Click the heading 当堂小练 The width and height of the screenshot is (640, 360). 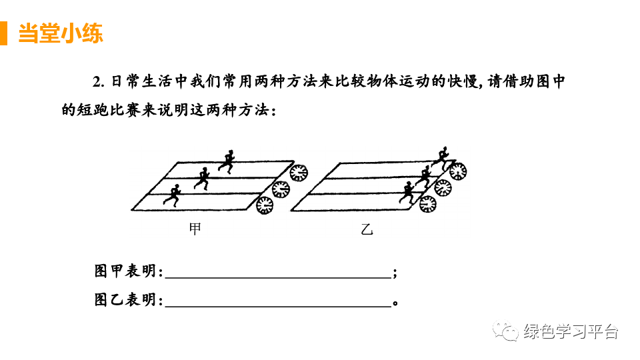pyautogui.click(x=61, y=33)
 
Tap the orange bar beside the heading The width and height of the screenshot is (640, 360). pyautogui.click(x=3, y=33)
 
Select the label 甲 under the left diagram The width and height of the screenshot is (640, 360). pyautogui.click(x=195, y=229)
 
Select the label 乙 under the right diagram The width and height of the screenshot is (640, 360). pyautogui.click(x=367, y=230)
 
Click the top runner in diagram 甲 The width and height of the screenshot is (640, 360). pyautogui.click(x=227, y=161)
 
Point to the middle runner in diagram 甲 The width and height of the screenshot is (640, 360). pyautogui.click(x=202, y=177)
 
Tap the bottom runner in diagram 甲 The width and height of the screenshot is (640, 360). pyautogui.click(x=173, y=195)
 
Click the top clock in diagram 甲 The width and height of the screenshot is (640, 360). pyautogui.click(x=299, y=171)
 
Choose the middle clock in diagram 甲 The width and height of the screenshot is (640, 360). pyautogui.click(x=281, y=188)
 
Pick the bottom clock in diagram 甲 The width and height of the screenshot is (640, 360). pyautogui.click(x=265, y=205)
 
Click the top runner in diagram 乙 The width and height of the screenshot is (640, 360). pyautogui.click(x=441, y=157)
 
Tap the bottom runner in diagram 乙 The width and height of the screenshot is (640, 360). pyautogui.click(x=407, y=192)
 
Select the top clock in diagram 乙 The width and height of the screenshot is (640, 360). pyautogui.click(x=457, y=171)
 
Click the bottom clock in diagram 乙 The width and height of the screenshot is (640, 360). pyautogui.click(x=427, y=204)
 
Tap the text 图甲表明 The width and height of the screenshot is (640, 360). pyautogui.click(x=129, y=272)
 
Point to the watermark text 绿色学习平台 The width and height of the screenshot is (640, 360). pyautogui.click(x=571, y=331)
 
